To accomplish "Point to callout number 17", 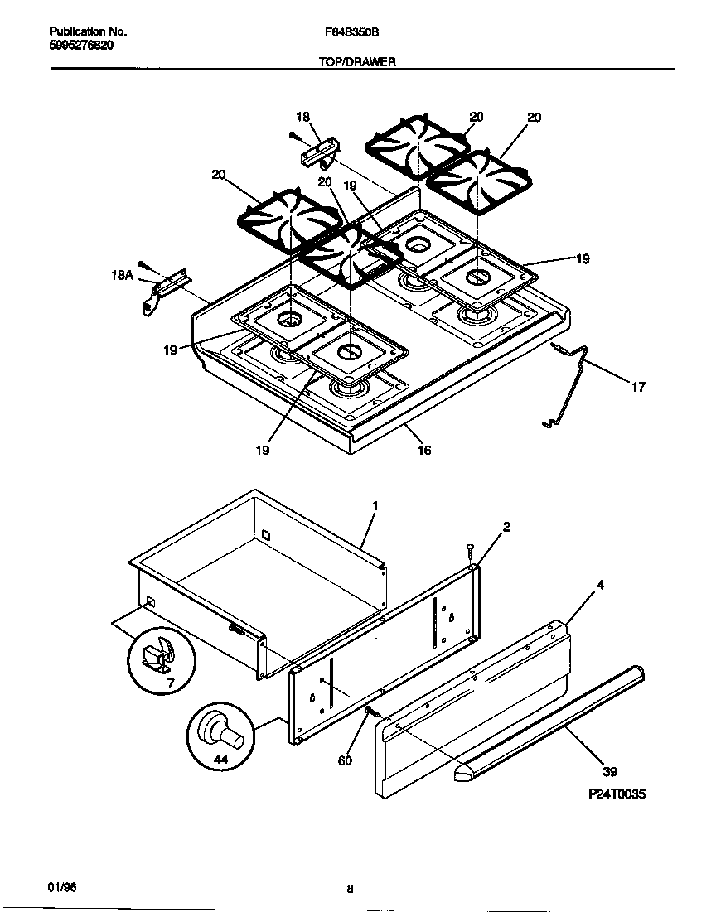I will click(x=638, y=387).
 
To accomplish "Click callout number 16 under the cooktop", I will click(x=424, y=451).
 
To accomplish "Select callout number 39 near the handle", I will click(x=610, y=772).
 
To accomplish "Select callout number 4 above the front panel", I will click(x=600, y=585).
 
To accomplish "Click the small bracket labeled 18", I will click(x=319, y=152).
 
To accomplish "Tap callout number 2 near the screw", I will click(x=506, y=528).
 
